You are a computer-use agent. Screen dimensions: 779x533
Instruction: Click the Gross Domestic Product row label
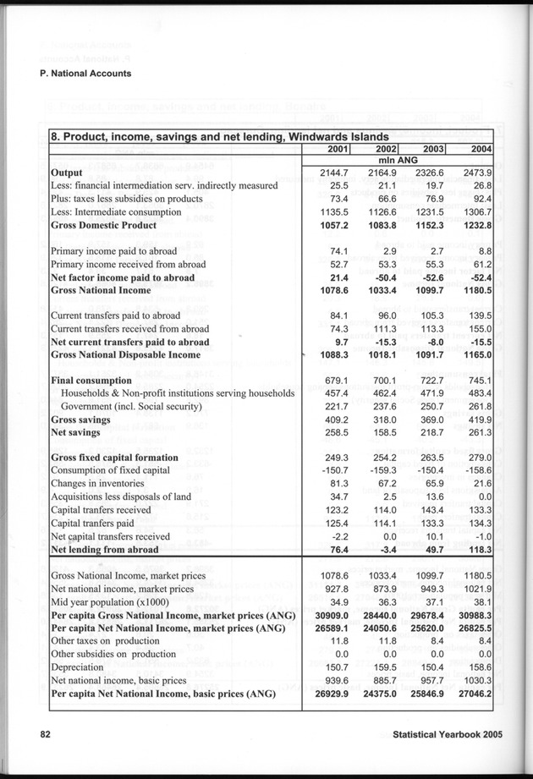[103, 226]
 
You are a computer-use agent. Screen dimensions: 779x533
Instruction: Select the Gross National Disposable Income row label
[124, 355]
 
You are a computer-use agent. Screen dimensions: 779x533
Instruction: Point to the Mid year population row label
[110, 601]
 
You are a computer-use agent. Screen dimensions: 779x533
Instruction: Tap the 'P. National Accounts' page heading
[85, 74]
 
